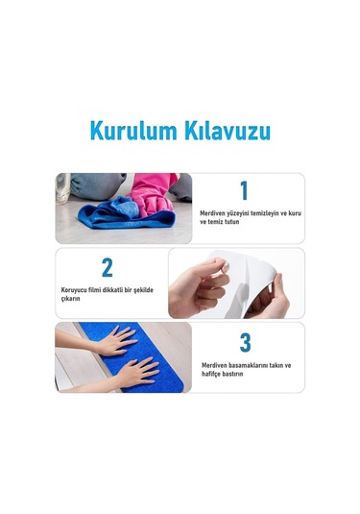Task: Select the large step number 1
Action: (244, 190)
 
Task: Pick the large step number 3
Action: (245, 343)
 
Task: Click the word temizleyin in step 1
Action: (267, 211)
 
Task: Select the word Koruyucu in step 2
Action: (76, 287)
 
